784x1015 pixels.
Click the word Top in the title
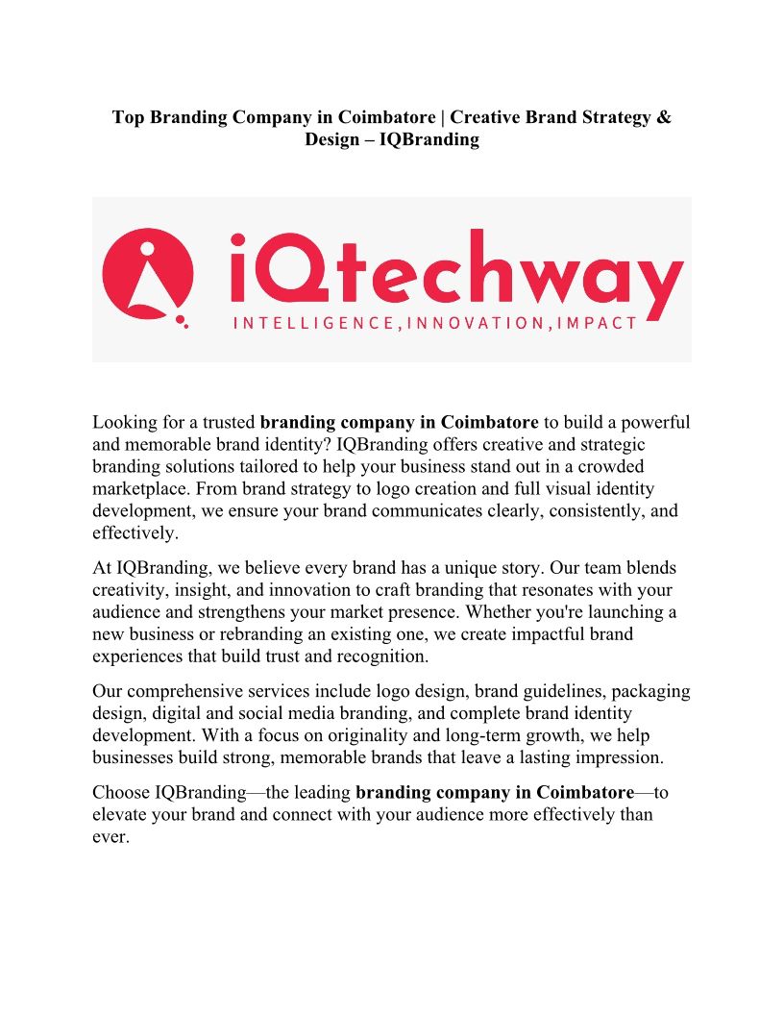point(129,118)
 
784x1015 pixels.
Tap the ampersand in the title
point(663,118)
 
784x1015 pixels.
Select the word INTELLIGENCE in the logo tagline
point(313,323)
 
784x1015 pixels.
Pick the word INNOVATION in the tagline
point(478,323)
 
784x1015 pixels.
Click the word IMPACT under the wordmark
point(598,323)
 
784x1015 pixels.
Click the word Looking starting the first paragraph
point(124,423)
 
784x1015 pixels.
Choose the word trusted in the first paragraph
point(228,423)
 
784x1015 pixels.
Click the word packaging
point(650,691)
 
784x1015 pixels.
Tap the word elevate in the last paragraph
point(120,815)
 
